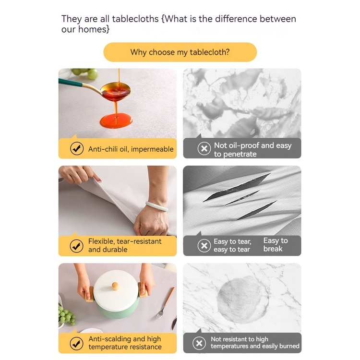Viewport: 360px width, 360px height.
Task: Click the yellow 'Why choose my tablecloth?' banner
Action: [180, 52]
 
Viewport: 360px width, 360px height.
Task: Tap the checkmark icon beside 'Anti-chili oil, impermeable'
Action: [77, 148]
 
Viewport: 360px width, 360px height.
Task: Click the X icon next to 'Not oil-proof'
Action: [204, 148]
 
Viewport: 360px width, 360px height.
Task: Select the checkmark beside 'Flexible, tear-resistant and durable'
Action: [76, 246]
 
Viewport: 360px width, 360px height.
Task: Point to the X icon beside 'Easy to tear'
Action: [204, 246]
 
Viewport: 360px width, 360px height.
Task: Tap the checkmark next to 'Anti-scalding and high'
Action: [76, 344]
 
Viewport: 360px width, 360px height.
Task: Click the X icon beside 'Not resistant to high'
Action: [199, 343]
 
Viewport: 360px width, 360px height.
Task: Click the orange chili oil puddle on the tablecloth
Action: [116, 120]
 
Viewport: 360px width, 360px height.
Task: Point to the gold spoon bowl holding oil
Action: [116, 91]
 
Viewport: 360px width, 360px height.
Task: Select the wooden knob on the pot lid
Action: [115, 286]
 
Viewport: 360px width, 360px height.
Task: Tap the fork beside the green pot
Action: [165, 303]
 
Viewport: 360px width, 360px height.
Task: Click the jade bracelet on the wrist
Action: [156, 206]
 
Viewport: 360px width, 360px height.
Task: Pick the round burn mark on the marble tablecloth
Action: [243, 300]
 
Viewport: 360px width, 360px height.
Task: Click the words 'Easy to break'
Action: [276, 245]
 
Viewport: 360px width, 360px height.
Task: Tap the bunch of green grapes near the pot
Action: [67, 316]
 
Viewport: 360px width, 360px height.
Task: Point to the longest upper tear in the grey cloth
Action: [237, 187]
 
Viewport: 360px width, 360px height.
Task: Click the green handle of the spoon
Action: [70, 82]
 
